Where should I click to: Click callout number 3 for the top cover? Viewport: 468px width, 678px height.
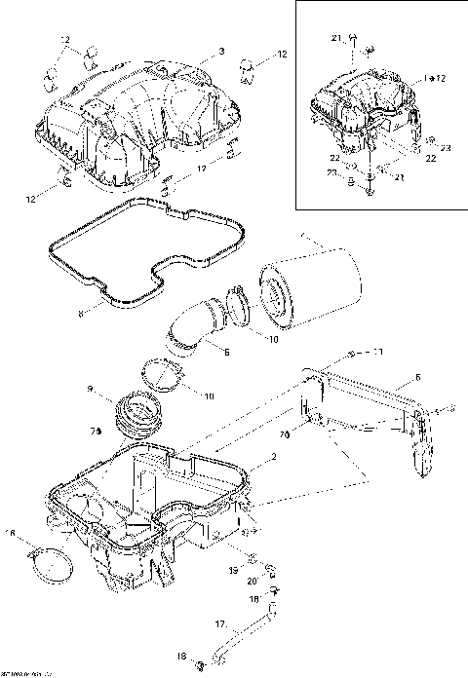(221, 50)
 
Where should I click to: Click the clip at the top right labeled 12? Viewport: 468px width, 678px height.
(248, 68)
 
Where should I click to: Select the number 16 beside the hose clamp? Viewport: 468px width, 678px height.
(11, 533)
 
